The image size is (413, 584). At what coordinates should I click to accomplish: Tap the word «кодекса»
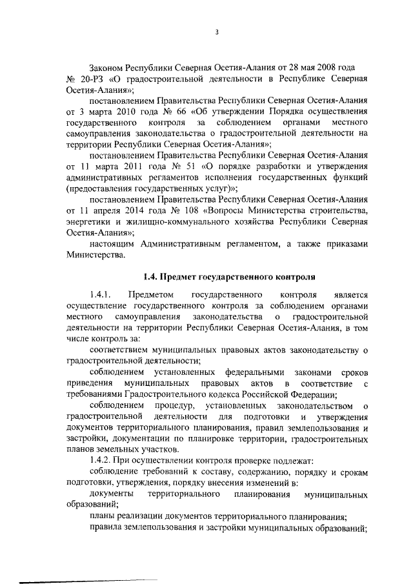(227, 394)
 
